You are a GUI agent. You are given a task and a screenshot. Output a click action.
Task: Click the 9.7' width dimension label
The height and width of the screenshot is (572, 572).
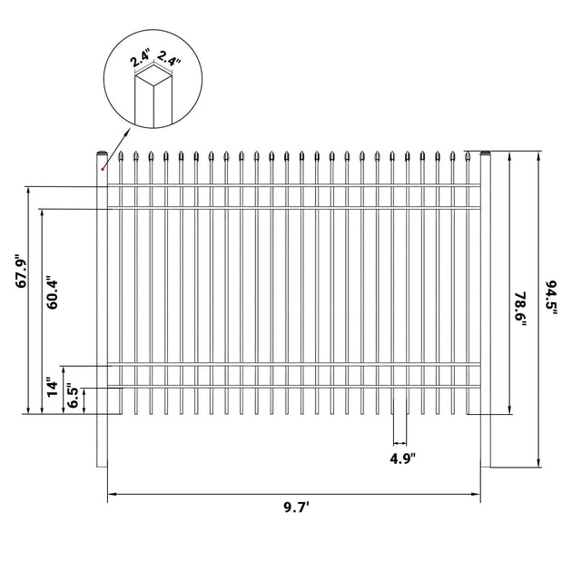[297, 508]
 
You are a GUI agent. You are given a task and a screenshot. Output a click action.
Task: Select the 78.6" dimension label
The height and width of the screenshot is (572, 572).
[519, 309]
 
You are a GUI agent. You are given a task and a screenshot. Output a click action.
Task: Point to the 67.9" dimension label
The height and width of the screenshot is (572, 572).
[22, 271]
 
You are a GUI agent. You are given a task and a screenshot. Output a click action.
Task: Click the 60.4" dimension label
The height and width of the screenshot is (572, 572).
[53, 292]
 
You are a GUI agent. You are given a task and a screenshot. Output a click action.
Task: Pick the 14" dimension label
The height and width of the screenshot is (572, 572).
[53, 389]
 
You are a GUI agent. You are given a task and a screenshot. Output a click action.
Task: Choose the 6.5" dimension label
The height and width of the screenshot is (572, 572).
[73, 398]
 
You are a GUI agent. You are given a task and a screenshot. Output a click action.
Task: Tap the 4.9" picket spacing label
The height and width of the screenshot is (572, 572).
[403, 459]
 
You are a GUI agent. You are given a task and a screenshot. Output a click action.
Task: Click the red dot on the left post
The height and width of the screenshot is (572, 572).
[103, 169]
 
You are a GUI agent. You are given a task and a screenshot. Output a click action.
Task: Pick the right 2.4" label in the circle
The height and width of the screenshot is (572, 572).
[168, 58]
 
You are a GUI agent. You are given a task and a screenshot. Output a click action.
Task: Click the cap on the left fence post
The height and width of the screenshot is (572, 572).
[102, 153]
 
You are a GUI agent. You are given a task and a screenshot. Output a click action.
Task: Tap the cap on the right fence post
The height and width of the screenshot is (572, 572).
[486, 153]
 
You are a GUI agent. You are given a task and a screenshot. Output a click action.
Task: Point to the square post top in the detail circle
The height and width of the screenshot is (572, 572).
[153, 76]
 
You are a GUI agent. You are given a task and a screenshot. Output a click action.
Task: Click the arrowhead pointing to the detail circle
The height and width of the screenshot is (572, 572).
[128, 132]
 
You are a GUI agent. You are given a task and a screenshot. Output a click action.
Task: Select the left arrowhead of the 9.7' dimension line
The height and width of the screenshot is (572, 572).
[112, 494]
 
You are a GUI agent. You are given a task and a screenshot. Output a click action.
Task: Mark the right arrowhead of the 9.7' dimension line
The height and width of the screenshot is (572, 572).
[476, 494]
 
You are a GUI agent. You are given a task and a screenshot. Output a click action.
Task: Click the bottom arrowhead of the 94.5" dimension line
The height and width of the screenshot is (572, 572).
[538, 463]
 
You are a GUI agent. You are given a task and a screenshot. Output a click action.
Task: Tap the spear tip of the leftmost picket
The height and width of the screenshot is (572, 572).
[121, 156]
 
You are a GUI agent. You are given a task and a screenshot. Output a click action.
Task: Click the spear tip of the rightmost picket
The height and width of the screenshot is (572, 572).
[468, 156]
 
